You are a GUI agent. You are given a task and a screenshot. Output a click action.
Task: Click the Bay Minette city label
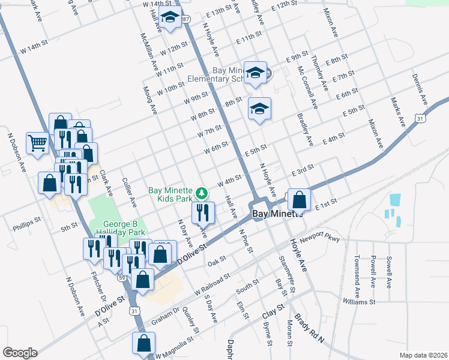[269, 214]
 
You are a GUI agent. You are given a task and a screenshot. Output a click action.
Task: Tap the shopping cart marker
[38, 143]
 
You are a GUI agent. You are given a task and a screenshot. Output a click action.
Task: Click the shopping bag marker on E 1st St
[299, 199]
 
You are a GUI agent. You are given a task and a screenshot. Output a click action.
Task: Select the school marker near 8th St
[259, 109]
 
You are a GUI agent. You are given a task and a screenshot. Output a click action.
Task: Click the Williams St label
[359, 302]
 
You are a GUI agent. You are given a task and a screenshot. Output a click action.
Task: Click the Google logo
[20, 353]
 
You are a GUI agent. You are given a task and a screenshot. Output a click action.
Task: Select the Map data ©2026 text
[423, 355]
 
